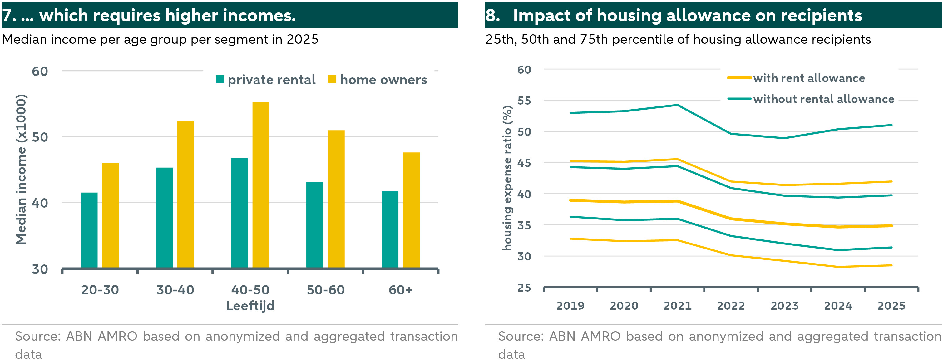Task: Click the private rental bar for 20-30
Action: pyautogui.click(x=89, y=230)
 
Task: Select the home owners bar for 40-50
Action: pyautogui.click(x=261, y=185)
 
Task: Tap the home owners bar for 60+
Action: pyautogui.click(x=411, y=210)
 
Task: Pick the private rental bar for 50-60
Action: pyautogui.click(x=314, y=225)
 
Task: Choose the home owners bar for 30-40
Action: pyautogui.click(x=185, y=195)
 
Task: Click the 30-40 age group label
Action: pyautogui.click(x=175, y=290)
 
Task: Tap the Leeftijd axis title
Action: pyautogui.click(x=250, y=305)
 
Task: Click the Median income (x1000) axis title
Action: pyautogui.click(x=21, y=169)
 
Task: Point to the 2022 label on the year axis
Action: pyautogui.click(x=731, y=305)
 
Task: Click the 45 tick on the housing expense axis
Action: pyautogui.click(x=524, y=163)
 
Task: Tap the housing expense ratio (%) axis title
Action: pyautogui.click(x=507, y=178)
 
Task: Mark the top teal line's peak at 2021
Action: pyautogui.click(x=677, y=105)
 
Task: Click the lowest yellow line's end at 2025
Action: pyautogui.click(x=891, y=265)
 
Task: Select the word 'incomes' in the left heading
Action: pyautogui.click(x=257, y=15)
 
